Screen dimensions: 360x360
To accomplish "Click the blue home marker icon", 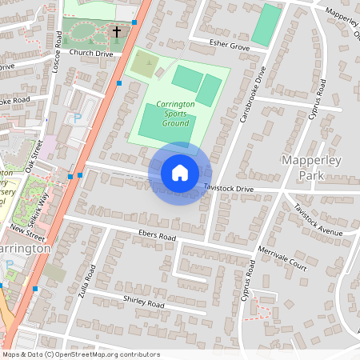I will point(180,173).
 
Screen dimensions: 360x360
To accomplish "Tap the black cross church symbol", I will point(117,33).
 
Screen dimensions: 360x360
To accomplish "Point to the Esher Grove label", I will point(230,46).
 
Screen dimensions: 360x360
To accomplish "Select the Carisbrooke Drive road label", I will point(252,94).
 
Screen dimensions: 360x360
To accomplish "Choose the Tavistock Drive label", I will point(228,188).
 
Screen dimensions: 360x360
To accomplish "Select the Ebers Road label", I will point(156,238).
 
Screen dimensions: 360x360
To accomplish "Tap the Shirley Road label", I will point(143,305).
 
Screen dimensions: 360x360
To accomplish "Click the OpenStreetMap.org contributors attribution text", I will point(107,354).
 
